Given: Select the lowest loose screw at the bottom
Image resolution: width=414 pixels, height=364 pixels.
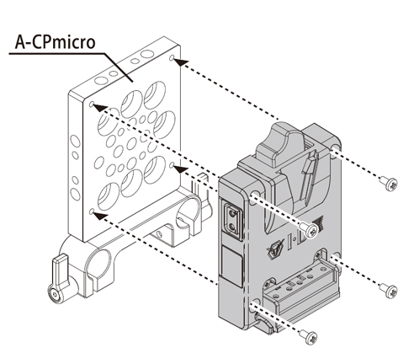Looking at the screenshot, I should pos(312,337).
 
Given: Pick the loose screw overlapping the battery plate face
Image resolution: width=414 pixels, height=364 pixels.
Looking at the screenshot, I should pos(309,232).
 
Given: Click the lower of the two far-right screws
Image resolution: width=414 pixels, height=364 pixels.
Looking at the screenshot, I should pos(388,292).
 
